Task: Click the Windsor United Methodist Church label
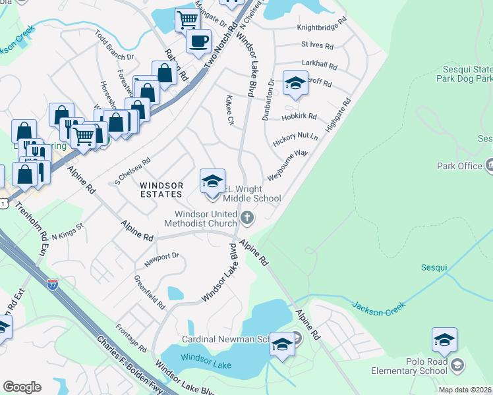[x=205, y=219]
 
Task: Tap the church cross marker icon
[x=247, y=217]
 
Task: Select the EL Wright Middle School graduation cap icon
[x=212, y=182]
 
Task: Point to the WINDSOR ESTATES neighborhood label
[x=161, y=190]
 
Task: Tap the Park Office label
[x=460, y=166]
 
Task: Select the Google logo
[x=22, y=387]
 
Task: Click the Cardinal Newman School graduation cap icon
[x=282, y=344]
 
